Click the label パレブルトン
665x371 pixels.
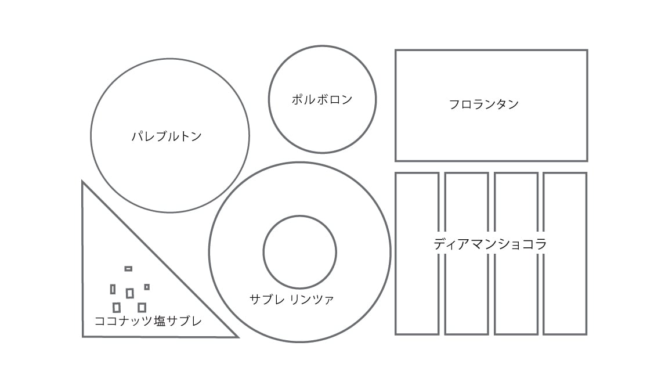pos(167,137)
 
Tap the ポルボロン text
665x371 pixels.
pos(322,100)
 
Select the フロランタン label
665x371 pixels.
pos(483,105)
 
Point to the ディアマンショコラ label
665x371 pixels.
pos(490,244)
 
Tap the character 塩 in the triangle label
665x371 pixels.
pos(161,320)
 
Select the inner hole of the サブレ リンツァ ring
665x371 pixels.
pos(299,252)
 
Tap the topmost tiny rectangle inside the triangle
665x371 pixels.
pos(128,269)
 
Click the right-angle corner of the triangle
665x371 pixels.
pos(84,336)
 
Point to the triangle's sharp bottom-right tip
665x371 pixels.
pos(236,336)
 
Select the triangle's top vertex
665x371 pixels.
pos(83,183)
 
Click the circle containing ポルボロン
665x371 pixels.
pos(322,70)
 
